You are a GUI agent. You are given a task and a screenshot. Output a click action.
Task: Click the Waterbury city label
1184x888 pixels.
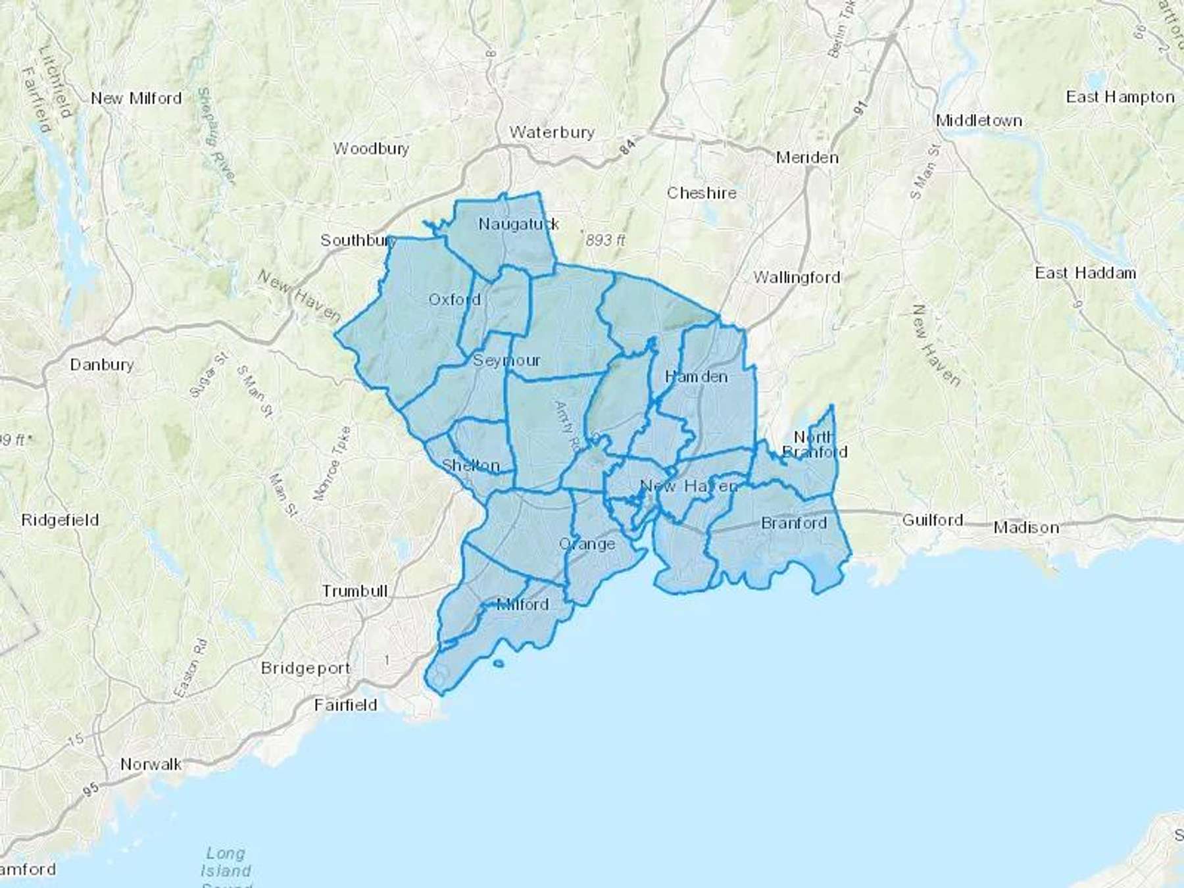pos(551,132)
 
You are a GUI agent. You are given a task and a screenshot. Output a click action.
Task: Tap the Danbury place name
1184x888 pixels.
pos(102,364)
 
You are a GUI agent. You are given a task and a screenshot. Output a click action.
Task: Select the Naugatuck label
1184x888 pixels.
pos(518,224)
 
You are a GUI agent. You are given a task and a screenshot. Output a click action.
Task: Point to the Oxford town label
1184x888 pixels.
pos(455,300)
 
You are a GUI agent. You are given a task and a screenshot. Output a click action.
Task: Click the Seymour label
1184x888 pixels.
pos(506,360)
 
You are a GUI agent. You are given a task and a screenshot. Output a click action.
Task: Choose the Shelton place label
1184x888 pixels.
pos(470,466)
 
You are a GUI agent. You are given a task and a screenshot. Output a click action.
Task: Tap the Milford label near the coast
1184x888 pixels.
pos(523,604)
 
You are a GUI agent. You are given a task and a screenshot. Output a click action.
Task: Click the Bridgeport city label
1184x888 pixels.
pos(306,668)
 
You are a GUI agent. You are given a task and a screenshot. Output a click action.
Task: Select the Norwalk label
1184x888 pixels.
pos(151,764)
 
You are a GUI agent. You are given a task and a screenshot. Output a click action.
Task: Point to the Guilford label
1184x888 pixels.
pos(932,520)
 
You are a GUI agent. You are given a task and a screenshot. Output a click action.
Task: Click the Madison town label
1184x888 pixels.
pos(1026,528)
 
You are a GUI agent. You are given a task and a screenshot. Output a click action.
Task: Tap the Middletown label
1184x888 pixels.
pos(979,120)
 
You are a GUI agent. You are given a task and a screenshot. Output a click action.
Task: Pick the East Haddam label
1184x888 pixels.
pos(1085,273)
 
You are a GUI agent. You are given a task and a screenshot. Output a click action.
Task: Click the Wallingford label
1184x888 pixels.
pos(797,278)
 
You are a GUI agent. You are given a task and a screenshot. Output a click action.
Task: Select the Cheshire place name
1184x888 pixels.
pos(701,193)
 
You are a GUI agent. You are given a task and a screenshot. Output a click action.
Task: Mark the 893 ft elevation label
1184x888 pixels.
pos(605,241)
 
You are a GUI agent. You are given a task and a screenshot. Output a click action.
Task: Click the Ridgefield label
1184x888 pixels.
pos(60,520)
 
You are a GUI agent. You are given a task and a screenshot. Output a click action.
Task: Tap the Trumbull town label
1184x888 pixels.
pos(355,591)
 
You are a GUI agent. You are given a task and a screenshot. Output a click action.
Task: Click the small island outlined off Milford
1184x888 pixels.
pos(498,664)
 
